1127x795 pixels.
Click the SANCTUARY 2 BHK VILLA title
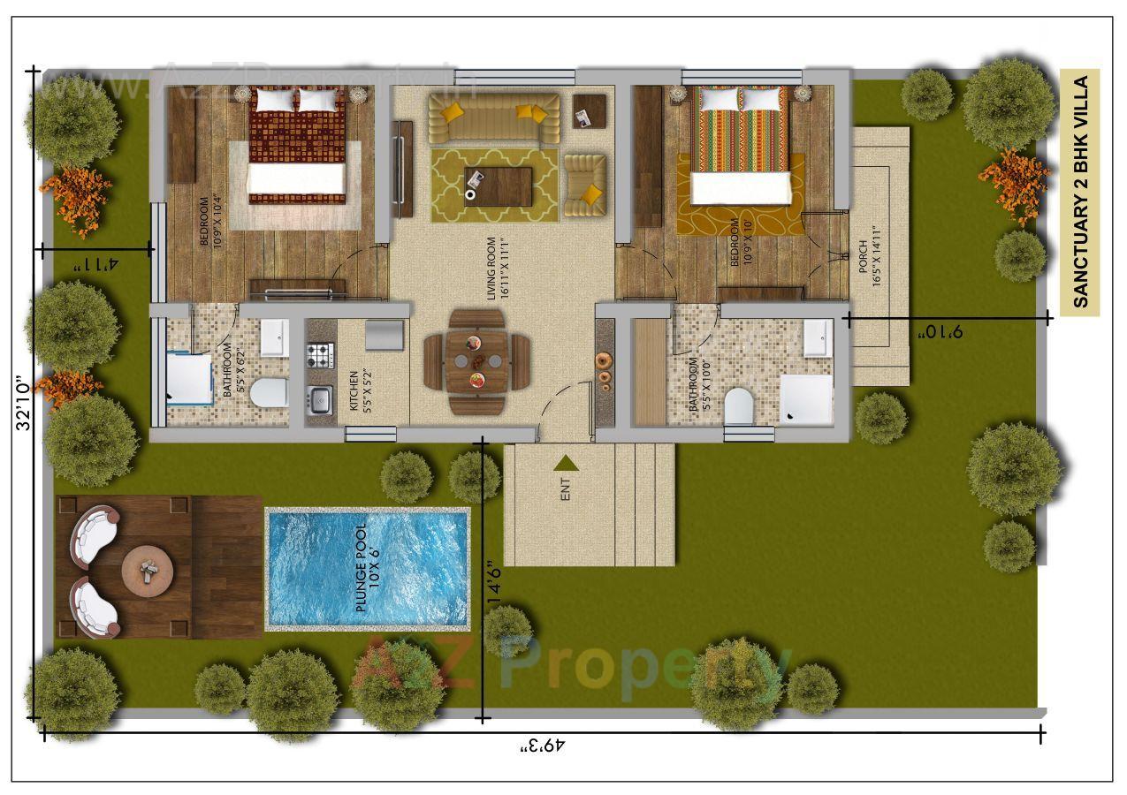(1079, 192)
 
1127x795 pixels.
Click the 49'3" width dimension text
(542, 746)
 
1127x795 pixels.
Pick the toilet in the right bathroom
(738, 406)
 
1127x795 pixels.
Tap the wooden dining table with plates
(477, 361)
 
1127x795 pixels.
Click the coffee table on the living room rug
(498, 185)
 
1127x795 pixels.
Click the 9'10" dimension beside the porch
(940, 332)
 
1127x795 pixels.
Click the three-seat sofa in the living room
(493, 118)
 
